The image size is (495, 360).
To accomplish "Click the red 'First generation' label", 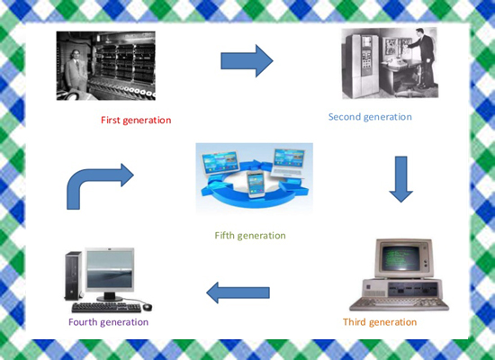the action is click(136, 121).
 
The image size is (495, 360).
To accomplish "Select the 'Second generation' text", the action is click(370, 117).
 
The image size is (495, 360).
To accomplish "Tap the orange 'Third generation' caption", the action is click(380, 322).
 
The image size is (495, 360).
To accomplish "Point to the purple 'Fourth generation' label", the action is click(108, 322).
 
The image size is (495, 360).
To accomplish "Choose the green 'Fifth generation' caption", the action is click(250, 236).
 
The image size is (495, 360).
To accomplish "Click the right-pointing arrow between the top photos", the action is click(247, 60).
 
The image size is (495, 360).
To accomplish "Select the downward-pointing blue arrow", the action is click(400, 179).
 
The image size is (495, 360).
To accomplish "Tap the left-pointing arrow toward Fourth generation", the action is click(238, 292).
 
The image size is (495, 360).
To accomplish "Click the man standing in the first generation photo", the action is click(76, 71).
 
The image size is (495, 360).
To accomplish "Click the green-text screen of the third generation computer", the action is click(400, 257).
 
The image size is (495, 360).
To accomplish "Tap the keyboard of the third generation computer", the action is click(399, 304).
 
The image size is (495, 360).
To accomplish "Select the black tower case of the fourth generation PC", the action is click(73, 276).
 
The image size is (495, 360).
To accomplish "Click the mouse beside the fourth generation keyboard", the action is click(147, 307).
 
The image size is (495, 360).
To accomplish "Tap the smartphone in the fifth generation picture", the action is click(256, 184).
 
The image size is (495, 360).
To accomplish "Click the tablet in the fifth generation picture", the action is click(220, 163).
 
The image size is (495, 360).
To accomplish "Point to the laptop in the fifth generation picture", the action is click(289, 163).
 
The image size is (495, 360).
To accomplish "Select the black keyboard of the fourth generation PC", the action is click(107, 307).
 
